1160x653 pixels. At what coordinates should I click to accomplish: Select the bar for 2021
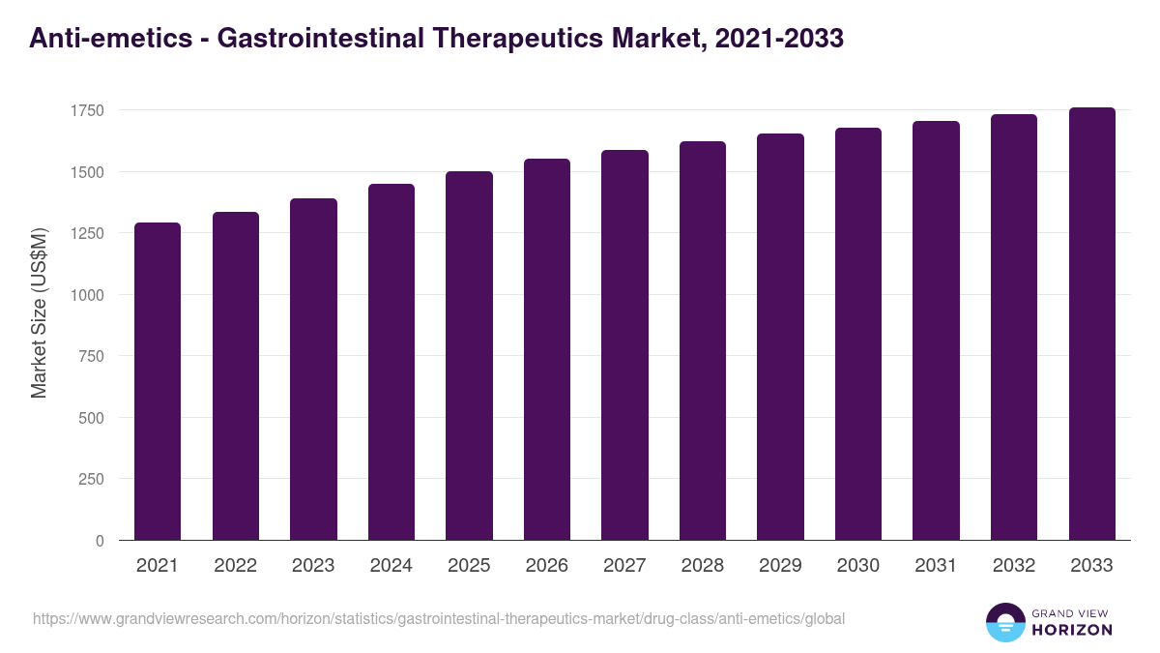pos(158,381)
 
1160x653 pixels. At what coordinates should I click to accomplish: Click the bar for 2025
pos(469,356)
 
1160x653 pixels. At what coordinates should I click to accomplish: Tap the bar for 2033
pos(1092,324)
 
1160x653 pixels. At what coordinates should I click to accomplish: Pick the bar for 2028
pos(703,341)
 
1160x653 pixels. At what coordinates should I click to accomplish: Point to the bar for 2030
pos(858,334)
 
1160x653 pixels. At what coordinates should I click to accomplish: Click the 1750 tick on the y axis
pos(86,110)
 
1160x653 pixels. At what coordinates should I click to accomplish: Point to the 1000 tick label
pos(86,295)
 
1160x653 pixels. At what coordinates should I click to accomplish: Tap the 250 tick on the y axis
pos(91,479)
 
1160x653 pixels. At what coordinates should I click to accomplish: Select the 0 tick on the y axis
pos(100,541)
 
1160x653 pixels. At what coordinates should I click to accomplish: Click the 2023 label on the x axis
pos(313,566)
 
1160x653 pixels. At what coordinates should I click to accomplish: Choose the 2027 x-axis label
pos(624,566)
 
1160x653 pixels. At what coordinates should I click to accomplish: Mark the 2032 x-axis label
pos(1014,566)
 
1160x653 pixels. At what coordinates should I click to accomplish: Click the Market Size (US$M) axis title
pos(39,312)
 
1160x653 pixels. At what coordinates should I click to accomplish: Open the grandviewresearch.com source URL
pos(439,618)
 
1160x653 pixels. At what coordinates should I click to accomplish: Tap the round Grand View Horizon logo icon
pos(1005,622)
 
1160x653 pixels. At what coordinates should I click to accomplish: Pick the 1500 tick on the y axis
pos(86,172)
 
